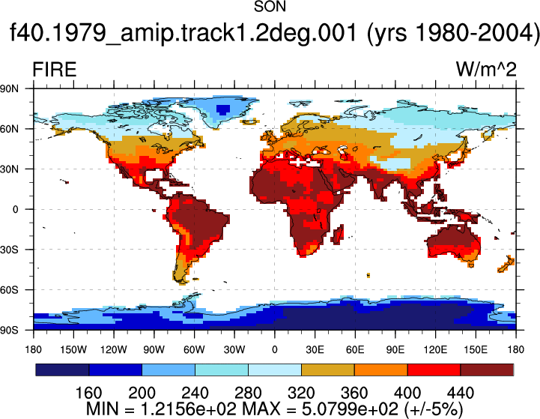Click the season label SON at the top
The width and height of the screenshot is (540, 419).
pyautogui.click(x=270, y=7)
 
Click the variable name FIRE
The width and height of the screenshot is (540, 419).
pyautogui.click(x=55, y=70)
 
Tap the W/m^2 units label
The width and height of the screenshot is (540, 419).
pyautogui.click(x=486, y=70)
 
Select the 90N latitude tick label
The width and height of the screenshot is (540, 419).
pyautogui.click(x=9, y=89)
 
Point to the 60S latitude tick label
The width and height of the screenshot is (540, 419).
pyautogui.click(x=9, y=290)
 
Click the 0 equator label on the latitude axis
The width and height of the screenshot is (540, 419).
pyautogui.click(x=15, y=210)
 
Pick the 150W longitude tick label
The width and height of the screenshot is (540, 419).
pyautogui.click(x=73, y=350)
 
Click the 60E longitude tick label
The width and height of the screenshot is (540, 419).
pyautogui.click(x=355, y=350)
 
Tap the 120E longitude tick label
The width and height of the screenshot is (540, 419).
pyautogui.click(x=435, y=350)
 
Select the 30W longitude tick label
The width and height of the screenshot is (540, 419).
pyautogui.click(x=234, y=350)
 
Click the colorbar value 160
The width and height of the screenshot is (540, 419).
pyautogui.click(x=88, y=393)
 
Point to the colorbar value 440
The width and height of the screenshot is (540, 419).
pyautogui.click(x=461, y=393)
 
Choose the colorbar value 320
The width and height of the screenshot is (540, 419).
pyautogui.click(x=301, y=393)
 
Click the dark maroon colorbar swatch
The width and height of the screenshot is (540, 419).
pyautogui.click(x=487, y=370)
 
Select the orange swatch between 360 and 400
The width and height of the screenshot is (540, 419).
pyautogui.click(x=381, y=370)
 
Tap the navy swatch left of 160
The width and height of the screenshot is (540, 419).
pyautogui.click(x=62, y=370)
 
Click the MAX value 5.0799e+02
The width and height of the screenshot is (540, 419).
pyautogui.click(x=350, y=409)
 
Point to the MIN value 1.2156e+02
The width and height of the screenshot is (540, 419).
pyautogui.click(x=189, y=409)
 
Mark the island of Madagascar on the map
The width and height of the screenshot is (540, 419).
pyautogui.click(x=339, y=235)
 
